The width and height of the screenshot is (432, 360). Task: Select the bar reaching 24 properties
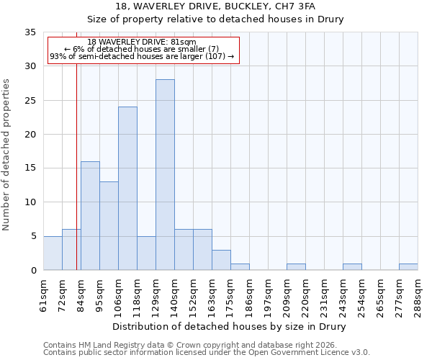[127, 189]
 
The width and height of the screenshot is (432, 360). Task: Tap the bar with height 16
[90, 216]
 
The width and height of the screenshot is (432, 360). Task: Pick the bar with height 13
[109, 226]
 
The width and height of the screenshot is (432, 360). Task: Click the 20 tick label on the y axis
[30, 135]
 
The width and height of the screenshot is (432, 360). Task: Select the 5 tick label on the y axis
[33, 236]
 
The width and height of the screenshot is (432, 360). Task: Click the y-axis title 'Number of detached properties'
[7, 155]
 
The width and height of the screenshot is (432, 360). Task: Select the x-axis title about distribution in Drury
[230, 327]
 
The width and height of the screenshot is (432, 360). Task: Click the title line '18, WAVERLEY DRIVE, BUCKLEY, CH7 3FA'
[215, 6]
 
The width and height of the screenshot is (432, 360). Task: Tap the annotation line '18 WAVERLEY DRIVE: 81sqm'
[141, 42]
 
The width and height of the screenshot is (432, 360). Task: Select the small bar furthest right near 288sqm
[408, 266]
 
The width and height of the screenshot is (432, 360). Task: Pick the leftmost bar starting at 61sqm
[53, 253]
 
